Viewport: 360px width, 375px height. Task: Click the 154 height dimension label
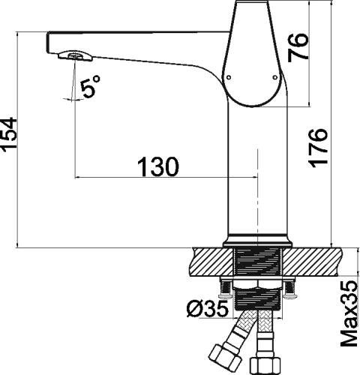(x=9, y=134)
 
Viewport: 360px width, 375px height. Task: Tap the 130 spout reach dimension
(x=158, y=166)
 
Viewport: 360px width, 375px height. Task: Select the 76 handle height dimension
(x=298, y=47)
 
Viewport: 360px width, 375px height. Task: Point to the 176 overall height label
(x=318, y=148)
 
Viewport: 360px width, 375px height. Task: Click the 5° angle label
(x=90, y=85)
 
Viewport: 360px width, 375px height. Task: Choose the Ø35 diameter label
(x=208, y=308)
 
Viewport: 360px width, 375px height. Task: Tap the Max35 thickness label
(x=349, y=313)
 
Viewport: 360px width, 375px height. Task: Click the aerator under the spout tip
(x=75, y=56)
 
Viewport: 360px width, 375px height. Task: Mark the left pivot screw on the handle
(x=228, y=77)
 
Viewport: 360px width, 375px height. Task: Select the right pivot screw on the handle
(x=275, y=77)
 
